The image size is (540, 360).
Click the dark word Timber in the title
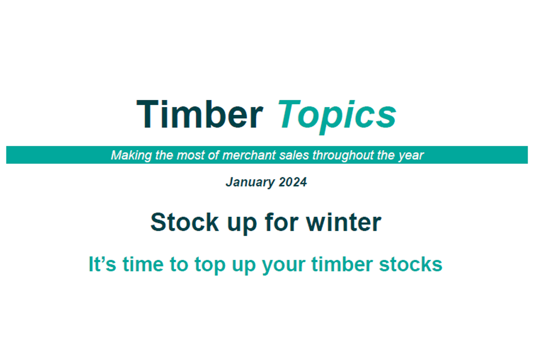click(x=200, y=114)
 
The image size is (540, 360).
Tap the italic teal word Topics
click(x=337, y=117)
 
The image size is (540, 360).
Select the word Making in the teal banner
click(x=131, y=156)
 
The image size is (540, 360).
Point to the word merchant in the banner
click(x=249, y=155)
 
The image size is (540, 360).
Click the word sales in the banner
click(x=294, y=155)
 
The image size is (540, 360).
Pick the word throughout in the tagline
click(x=343, y=156)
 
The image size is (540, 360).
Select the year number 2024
click(x=292, y=182)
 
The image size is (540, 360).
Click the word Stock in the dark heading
click(x=184, y=222)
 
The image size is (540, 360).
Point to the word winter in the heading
click(x=344, y=222)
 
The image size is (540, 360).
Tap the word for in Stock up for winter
click(x=282, y=222)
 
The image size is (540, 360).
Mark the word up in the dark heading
click(x=242, y=225)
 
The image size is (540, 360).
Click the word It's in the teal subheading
click(x=103, y=264)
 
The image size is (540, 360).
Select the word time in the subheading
click(x=143, y=264)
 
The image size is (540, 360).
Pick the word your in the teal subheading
click(x=284, y=267)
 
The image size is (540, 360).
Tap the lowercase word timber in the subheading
click(x=342, y=264)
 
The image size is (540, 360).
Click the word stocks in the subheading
click(x=410, y=264)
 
